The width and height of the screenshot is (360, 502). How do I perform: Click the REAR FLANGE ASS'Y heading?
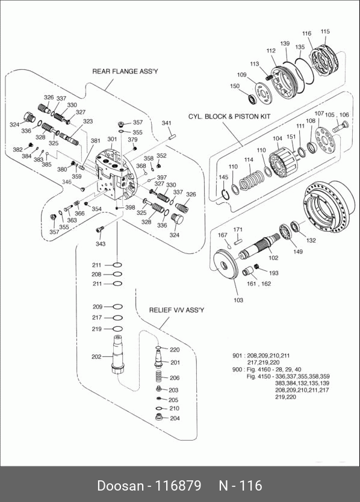coord(125,71)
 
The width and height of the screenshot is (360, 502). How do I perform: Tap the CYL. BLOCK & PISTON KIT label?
coord(229,116)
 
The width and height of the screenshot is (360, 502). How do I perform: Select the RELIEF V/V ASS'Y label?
coord(176,310)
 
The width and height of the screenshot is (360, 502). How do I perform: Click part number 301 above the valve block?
coord(112,139)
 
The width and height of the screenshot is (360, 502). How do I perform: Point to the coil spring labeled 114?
coord(252,180)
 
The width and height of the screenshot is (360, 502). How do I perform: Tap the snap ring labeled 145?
coord(225,194)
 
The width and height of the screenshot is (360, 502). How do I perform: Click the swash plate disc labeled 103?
coord(226,263)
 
